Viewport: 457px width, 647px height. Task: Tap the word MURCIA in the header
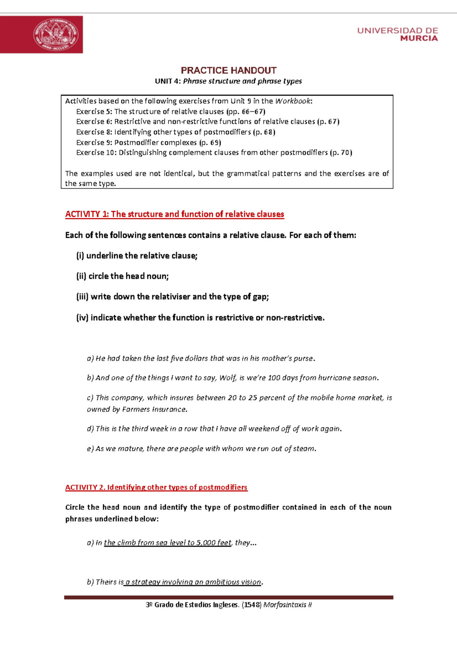pos(419,38)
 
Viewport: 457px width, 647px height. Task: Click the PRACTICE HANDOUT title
pos(228,70)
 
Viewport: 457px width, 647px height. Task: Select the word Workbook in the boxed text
pos(293,101)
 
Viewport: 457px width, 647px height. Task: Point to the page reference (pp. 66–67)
pos(246,112)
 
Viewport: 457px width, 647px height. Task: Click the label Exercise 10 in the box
pos(96,153)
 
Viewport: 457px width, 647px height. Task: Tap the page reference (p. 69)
pos(210,143)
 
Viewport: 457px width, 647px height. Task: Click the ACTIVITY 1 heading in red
pos(174,214)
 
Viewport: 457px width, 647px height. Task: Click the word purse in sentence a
pos(303,359)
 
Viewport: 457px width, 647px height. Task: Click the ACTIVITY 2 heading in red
pos(156,487)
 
